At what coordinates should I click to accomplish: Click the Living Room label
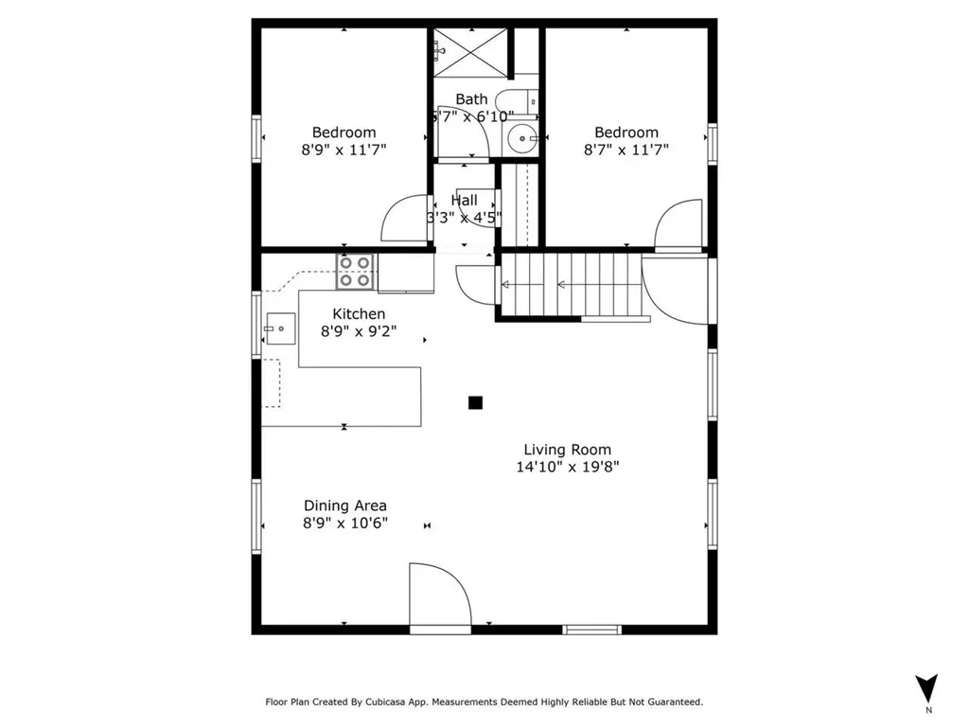[568, 450]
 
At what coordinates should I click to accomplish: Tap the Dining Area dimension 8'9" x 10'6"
[344, 523]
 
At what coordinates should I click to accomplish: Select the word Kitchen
[358, 314]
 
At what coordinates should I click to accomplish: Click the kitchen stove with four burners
[356, 272]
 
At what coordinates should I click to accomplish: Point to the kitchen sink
[277, 331]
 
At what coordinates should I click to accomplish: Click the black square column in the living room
[475, 402]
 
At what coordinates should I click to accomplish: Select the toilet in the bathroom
[517, 100]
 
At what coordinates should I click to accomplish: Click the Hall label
[464, 201]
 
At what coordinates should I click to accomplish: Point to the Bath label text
[471, 99]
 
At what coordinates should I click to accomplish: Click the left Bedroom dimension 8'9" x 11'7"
[344, 150]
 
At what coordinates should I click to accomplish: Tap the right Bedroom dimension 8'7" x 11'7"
[625, 150]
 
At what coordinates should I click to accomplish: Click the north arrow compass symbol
[927, 688]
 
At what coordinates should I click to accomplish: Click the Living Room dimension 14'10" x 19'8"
[568, 467]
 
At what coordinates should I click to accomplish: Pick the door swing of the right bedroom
[678, 224]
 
